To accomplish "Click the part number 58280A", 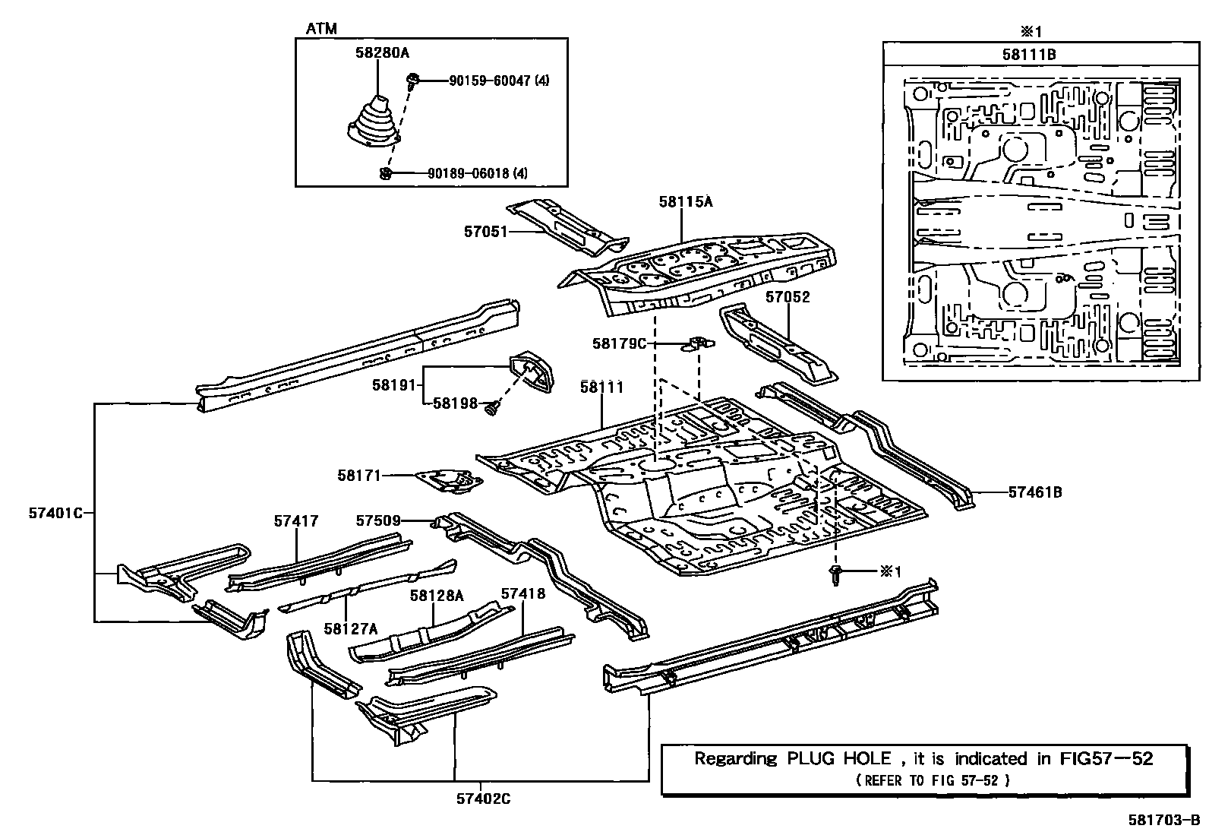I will tap(381, 53).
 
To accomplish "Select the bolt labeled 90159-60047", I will tap(414, 79).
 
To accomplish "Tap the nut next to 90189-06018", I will tap(385, 174).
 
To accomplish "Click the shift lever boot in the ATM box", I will tap(372, 123).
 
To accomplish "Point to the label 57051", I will tap(485, 231).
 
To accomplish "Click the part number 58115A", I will tap(686, 201).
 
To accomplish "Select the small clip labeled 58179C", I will tap(700, 343).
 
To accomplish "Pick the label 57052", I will tap(788, 297).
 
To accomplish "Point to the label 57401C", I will tap(55, 513).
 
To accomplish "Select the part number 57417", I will tap(296, 521).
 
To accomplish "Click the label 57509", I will tap(378, 520).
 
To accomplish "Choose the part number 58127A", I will tap(350, 628).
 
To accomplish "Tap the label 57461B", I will tap(1034, 492).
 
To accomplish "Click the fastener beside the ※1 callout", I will tap(836, 574).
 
